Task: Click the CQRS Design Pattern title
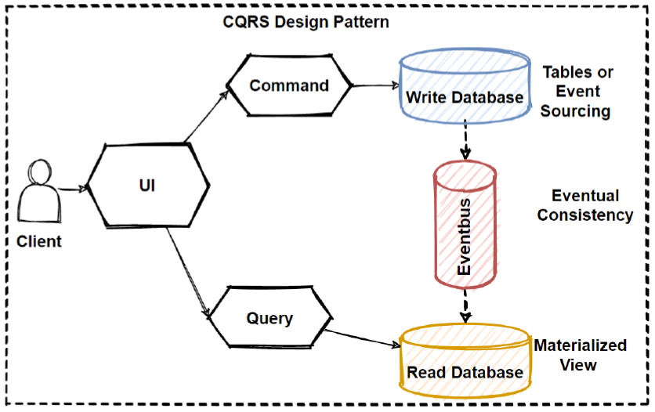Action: [x=306, y=21]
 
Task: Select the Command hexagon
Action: [x=289, y=85]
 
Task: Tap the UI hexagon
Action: [x=147, y=187]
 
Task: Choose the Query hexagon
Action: [x=269, y=319]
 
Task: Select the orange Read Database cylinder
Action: [x=464, y=361]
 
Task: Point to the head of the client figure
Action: [x=38, y=172]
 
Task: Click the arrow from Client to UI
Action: [x=71, y=188]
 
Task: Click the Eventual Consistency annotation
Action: [x=584, y=204]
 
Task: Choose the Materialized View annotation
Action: [x=579, y=355]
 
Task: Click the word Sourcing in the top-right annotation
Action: [x=575, y=110]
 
